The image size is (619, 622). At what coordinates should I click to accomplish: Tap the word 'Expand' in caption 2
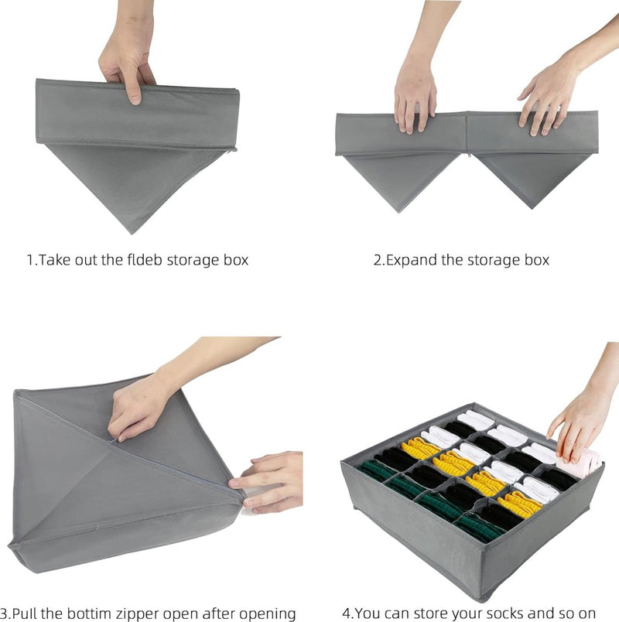(411, 260)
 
